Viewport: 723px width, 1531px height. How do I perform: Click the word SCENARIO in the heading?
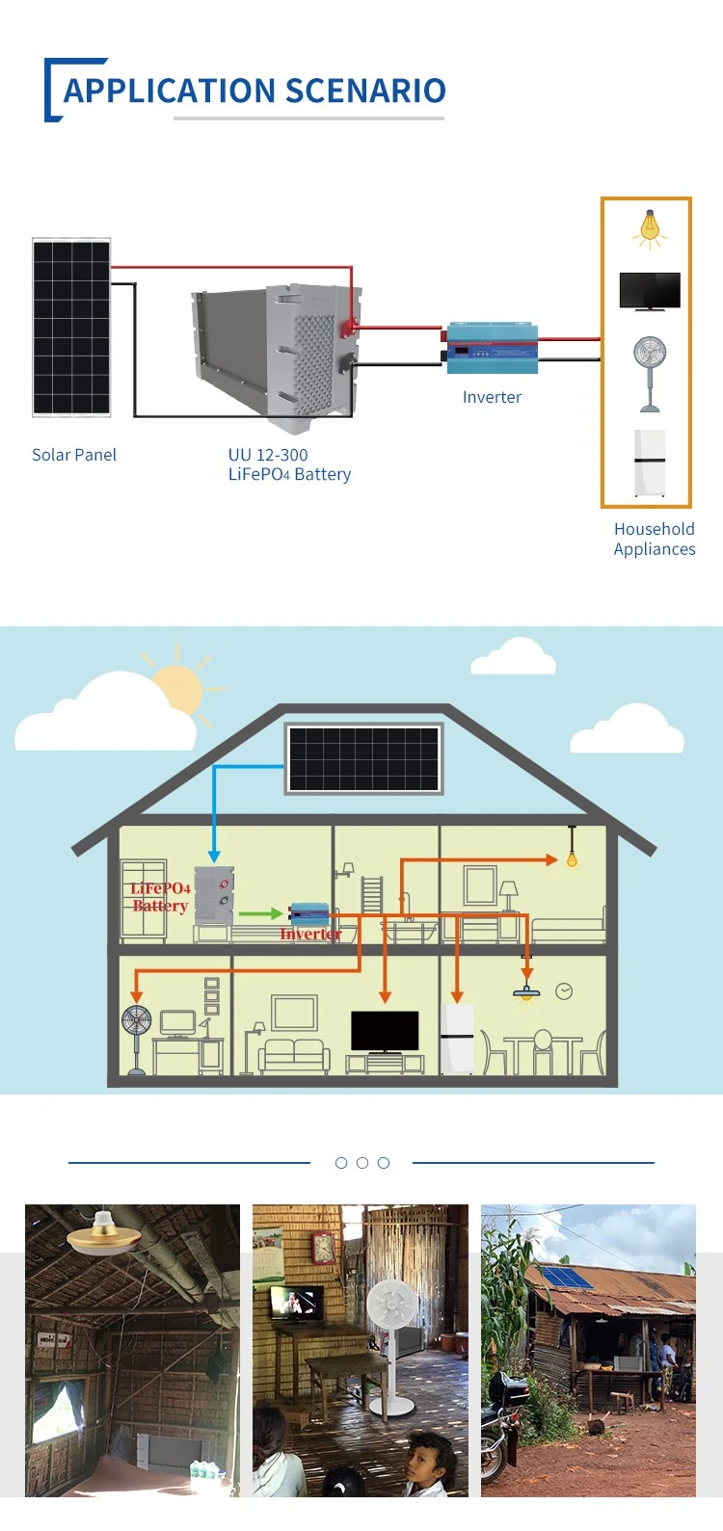364,91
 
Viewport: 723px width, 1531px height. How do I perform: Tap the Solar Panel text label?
74,455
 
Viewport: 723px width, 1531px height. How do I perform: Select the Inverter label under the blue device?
492,397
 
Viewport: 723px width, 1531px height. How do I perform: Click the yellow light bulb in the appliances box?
650,229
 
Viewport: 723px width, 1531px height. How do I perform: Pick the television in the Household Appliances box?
650,291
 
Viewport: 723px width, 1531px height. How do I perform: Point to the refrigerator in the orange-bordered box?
650,462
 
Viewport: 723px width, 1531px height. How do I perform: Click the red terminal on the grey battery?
348,330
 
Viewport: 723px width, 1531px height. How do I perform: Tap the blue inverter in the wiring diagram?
492,348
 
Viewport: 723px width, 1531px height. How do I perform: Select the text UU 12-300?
268,455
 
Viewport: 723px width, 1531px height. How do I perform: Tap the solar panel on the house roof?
363,758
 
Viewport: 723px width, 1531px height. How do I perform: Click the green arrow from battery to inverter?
260,913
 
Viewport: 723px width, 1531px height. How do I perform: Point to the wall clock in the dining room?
564,991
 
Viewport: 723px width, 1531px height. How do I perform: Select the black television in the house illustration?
385,1031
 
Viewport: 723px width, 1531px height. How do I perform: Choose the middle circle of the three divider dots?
362,1163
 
